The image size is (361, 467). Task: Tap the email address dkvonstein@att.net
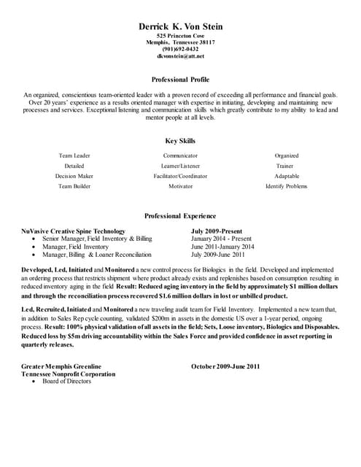pos(180,55)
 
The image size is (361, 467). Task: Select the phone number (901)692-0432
pos(180,49)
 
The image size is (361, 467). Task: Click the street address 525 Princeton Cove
pos(180,36)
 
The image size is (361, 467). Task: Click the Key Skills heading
pos(180,141)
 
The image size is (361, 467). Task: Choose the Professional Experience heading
pos(180,216)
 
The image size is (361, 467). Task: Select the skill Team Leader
pos(74,155)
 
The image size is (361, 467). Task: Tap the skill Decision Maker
pos(74,176)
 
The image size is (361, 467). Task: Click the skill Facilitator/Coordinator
pos(180,176)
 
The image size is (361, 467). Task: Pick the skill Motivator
pos(180,186)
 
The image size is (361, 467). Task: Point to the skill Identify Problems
pos(287,186)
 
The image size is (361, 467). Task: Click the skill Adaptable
pos(287,176)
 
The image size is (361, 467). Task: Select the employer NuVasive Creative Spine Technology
pos(74,231)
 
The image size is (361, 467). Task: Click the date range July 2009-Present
pos(218,231)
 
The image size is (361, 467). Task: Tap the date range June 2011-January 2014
pos(222,247)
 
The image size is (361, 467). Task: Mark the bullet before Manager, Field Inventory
pos(36,247)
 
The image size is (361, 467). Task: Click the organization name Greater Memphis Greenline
pos(62,366)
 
